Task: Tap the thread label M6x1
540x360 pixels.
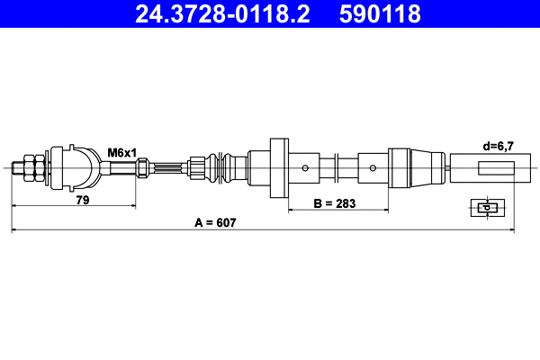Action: point(122,152)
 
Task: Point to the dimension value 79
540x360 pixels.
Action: point(82,202)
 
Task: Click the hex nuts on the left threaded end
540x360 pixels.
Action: point(30,167)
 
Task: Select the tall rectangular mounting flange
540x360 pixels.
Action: point(279,167)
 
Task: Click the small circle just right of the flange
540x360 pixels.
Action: point(306,167)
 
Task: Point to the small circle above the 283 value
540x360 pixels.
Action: point(372,167)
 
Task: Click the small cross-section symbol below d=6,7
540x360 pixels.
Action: point(484,208)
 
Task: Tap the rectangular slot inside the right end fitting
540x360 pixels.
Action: point(496,167)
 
